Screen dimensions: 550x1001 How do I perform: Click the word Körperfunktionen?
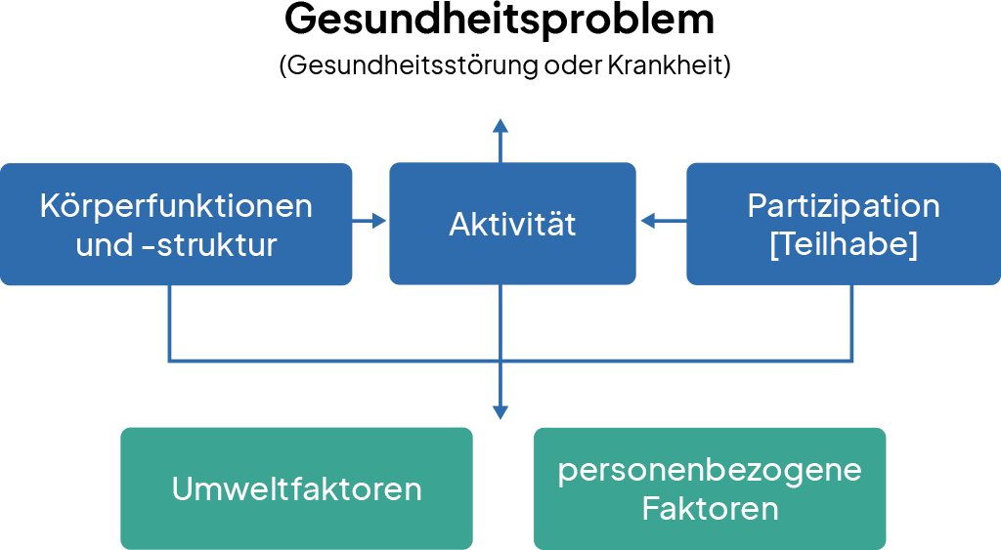tap(176, 206)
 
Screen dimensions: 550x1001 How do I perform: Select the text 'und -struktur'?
tap(176, 244)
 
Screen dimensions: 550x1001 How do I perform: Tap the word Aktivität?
tap(512, 225)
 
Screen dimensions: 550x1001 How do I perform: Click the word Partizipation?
tap(844, 206)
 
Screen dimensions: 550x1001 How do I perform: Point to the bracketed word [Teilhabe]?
tap(844, 244)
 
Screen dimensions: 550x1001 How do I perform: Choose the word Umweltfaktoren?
tap(296, 488)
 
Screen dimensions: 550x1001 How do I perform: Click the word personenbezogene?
tap(710, 470)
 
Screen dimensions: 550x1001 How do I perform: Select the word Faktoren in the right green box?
tap(710, 509)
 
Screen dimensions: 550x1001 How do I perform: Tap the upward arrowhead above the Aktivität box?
tap(500, 125)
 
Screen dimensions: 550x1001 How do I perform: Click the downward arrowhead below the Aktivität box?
tap(500, 412)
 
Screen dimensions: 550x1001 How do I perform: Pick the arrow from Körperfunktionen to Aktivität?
tap(370, 222)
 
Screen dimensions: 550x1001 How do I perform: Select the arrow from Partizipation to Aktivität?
tap(661, 222)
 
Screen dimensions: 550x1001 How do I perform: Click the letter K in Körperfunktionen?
tap(49, 206)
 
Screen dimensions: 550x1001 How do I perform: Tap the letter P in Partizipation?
tap(756, 206)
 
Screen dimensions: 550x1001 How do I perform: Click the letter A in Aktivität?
tap(458, 225)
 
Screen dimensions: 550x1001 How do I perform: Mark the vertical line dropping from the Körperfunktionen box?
tap(170, 322)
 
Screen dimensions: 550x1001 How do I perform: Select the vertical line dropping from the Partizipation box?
tap(853, 322)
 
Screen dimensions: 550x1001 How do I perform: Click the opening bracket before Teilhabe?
tap(774, 245)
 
